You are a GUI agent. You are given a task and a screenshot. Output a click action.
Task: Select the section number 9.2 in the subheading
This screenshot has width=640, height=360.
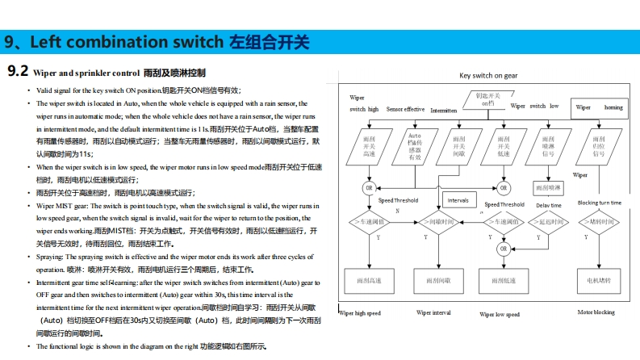pos(18,72)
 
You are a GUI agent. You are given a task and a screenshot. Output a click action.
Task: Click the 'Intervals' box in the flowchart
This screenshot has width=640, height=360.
pos(458,199)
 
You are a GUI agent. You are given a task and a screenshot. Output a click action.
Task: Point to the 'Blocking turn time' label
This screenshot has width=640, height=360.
pos(600,203)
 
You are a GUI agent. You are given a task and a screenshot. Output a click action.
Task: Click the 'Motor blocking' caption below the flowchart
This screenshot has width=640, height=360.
pos(596,312)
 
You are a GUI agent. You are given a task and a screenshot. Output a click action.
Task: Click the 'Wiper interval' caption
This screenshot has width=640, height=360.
pos(433,312)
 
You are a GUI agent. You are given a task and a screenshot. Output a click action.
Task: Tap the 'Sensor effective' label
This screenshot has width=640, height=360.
pos(405,109)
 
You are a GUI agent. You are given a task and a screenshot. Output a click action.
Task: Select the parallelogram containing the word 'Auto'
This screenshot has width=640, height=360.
pos(415,147)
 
